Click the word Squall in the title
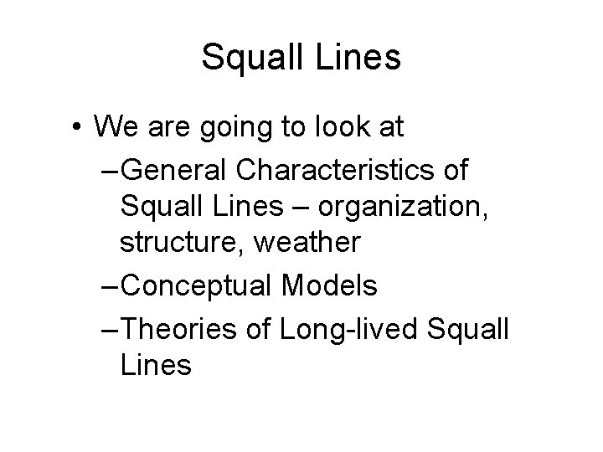249,57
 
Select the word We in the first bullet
116,127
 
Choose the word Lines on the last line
156,365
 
